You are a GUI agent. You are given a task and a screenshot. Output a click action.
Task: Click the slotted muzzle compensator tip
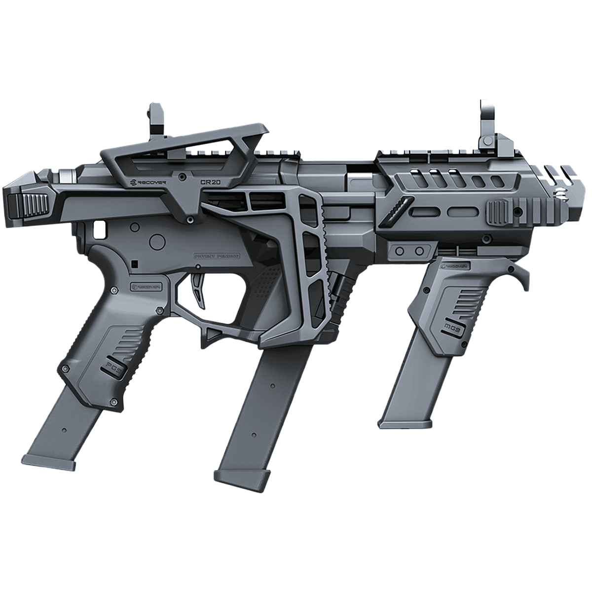(x=567, y=190)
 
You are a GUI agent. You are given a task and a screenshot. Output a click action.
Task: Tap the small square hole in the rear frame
(x=100, y=227)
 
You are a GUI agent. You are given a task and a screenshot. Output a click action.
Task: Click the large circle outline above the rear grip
(x=158, y=242)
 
